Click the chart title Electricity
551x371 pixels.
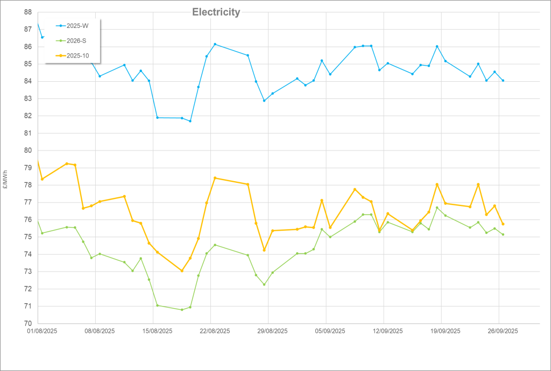point(216,12)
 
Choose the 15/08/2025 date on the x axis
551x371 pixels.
point(153,332)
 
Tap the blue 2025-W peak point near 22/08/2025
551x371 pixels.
point(215,44)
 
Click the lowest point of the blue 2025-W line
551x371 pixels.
point(190,121)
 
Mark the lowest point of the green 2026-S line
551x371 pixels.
point(182,310)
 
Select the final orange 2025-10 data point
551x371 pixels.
point(503,224)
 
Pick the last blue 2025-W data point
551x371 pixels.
point(503,81)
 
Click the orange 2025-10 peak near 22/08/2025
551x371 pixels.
point(215,178)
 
